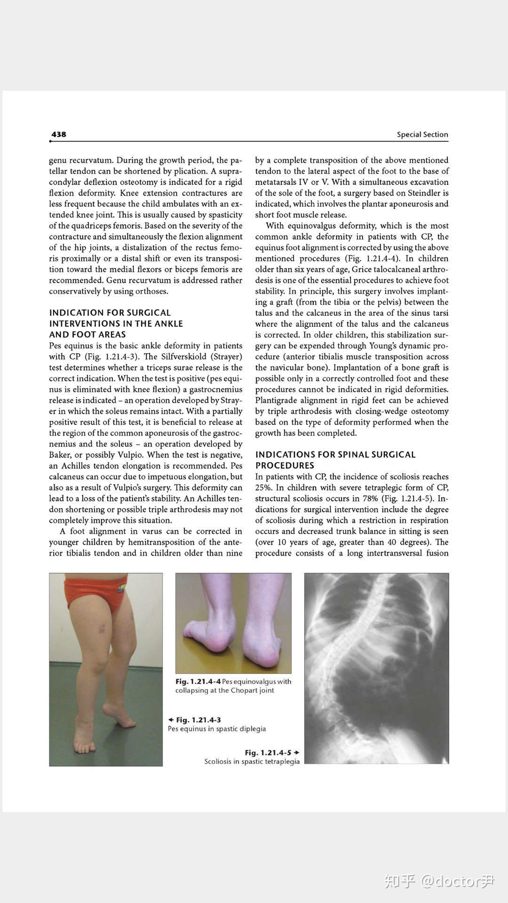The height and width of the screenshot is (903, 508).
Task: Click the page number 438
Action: pyautogui.click(x=59, y=135)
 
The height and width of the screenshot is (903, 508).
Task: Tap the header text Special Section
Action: pyautogui.click(x=422, y=135)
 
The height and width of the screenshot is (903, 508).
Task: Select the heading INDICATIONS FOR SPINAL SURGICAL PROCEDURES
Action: pyautogui.click(x=335, y=460)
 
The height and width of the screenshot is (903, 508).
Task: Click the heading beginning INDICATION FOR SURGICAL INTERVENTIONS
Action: pyautogui.click(x=116, y=324)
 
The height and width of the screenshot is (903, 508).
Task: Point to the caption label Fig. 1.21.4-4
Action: pyautogui.click(x=198, y=681)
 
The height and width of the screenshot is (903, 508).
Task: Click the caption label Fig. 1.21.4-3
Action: pyautogui.click(x=198, y=720)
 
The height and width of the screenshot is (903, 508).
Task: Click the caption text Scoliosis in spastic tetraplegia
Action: pyautogui.click(x=252, y=761)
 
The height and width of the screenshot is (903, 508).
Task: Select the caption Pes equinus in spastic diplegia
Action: pyautogui.click(x=217, y=729)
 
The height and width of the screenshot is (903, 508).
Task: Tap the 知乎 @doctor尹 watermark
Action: pyautogui.click(x=439, y=880)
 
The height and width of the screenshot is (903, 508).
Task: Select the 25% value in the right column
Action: pyautogui.click(x=263, y=488)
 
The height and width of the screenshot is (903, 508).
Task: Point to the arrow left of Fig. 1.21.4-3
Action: pyautogui.click(x=171, y=720)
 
